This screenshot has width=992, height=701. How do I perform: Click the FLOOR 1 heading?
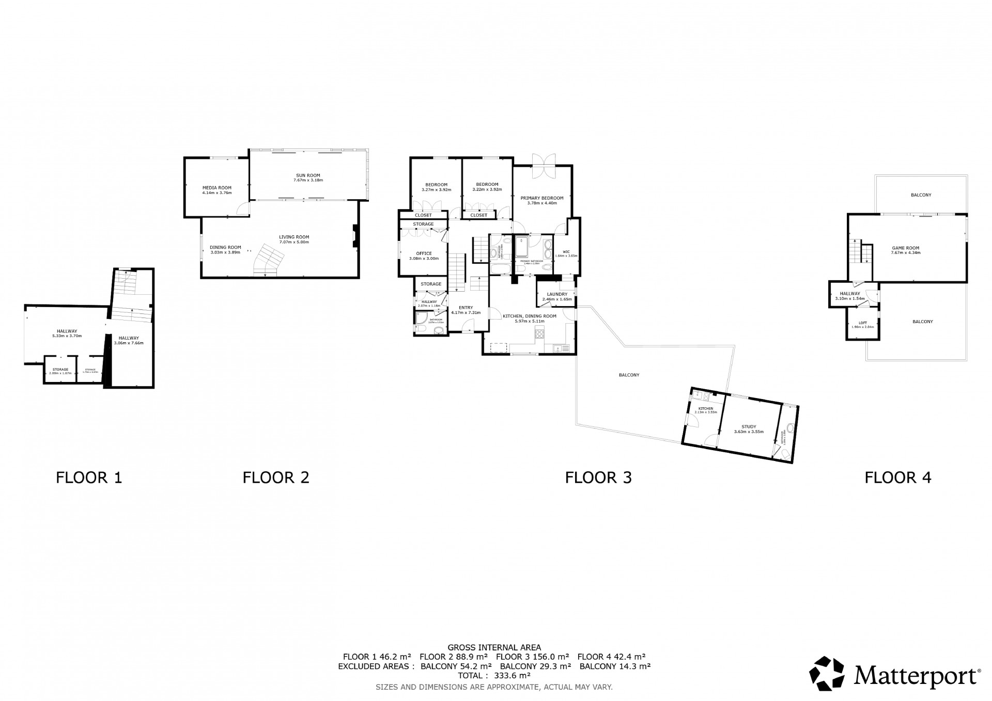tap(89, 477)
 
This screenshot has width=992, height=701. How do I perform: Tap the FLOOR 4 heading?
tap(898, 477)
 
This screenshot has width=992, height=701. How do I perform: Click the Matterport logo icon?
tap(827, 673)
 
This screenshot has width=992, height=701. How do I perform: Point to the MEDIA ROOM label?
tap(216, 188)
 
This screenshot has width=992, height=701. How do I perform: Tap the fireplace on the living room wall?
tap(355, 237)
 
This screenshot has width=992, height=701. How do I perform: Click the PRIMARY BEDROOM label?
tap(541, 198)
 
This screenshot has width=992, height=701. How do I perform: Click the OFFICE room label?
tap(424, 253)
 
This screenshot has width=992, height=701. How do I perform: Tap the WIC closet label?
tap(566, 252)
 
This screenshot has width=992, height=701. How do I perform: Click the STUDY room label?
tap(749, 427)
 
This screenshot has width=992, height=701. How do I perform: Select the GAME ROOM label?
tap(906, 248)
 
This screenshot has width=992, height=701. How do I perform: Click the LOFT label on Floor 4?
tap(863, 323)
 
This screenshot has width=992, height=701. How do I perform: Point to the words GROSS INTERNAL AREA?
tap(494, 647)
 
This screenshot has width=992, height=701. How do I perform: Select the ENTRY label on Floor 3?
tap(466, 308)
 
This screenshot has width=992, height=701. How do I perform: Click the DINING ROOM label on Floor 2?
tap(225, 248)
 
